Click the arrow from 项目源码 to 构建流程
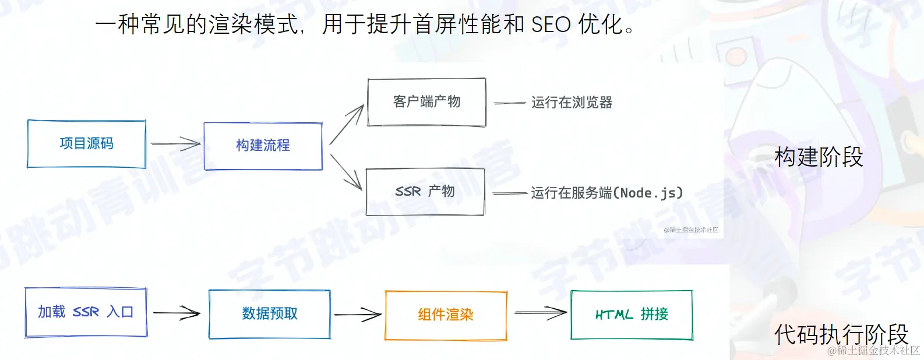(175, 143)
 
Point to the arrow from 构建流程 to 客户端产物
(347, 125)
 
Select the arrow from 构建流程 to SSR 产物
(345, 172)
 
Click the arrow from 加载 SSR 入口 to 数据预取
(177, 313)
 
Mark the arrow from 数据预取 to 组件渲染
(358, 315)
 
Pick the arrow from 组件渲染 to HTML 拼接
(541, 313)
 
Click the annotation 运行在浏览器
(572, 103)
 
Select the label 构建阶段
(819, 157)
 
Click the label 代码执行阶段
(841, 334)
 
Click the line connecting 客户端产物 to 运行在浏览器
(510, 103)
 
